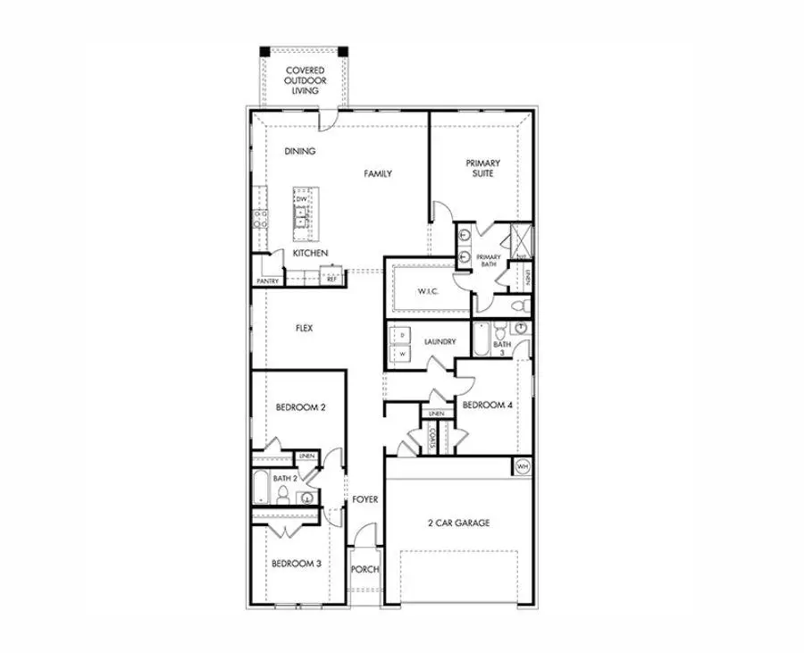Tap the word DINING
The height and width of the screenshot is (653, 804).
300,151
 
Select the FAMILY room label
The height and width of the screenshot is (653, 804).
378,173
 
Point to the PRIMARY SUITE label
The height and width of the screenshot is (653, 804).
482,168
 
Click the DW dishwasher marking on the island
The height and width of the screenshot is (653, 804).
302,198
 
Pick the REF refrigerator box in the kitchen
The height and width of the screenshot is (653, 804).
331,279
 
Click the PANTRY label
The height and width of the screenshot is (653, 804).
267,281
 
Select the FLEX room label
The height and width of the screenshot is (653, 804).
304,328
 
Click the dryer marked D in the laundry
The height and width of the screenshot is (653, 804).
403,335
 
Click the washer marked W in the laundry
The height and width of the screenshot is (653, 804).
403,354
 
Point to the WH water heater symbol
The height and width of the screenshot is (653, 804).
523,466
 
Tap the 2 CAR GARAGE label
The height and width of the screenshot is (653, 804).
457,523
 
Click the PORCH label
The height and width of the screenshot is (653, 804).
365,569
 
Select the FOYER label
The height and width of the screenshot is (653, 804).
364,499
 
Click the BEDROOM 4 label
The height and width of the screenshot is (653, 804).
487,405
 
